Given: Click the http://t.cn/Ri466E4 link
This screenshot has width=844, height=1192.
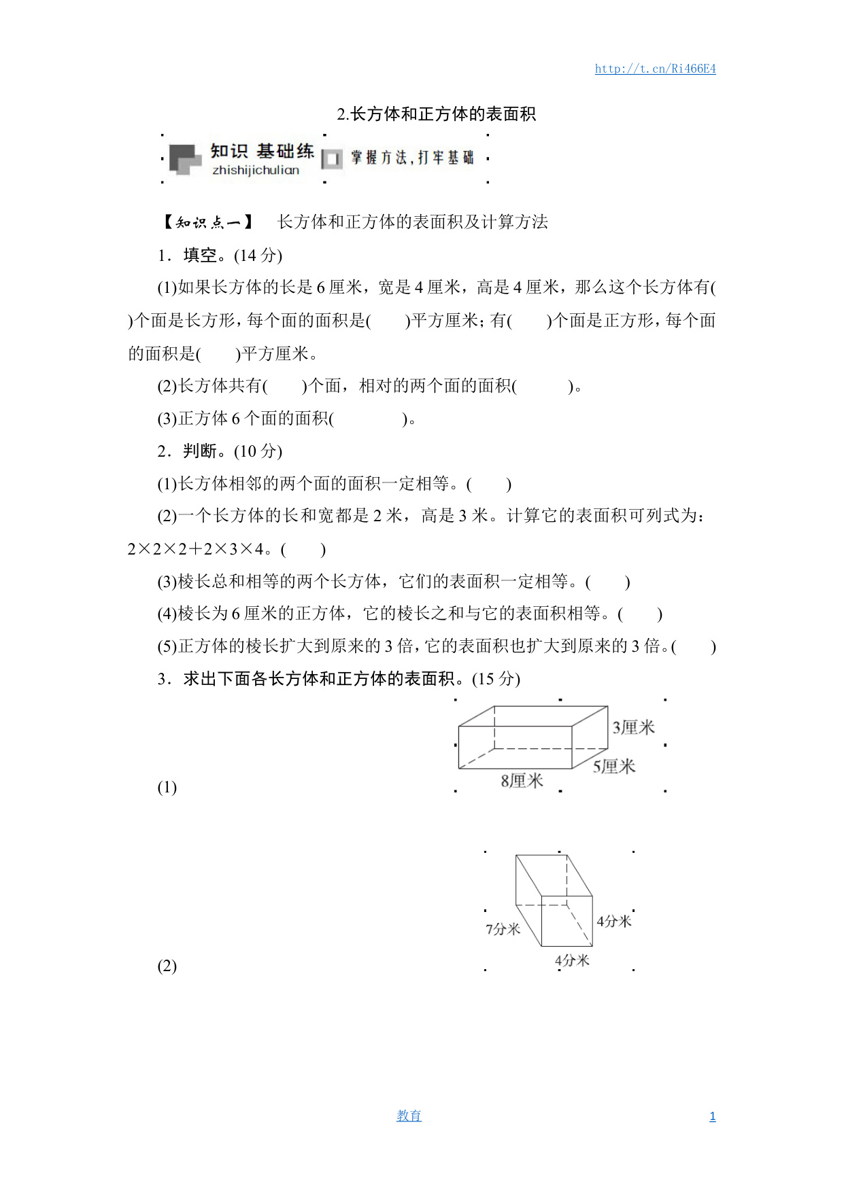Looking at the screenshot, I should click(x=655, y=69).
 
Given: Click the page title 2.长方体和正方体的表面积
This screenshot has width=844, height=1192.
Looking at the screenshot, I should click(x=436, y=114).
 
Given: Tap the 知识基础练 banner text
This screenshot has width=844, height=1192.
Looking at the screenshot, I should click(x=262, y=151).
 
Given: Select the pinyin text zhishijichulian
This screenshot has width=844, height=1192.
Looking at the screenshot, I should click(x=256, y=170).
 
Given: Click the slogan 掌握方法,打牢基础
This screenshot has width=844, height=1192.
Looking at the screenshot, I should click(x=412, y=158).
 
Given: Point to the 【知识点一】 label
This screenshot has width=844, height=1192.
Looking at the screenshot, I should click(x=208, y=222).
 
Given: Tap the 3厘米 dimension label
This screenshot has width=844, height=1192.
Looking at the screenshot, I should click(x=633, y=728).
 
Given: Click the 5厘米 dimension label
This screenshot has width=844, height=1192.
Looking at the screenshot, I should click(x=613, y=767).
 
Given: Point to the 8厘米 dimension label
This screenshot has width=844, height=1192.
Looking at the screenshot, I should click(x=522, y=781).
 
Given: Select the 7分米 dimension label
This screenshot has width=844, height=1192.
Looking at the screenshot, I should click(x=503, y=929).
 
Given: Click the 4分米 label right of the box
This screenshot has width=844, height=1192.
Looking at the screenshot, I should click(x=614, y=922).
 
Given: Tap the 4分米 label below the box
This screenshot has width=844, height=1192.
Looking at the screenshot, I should click(x=572, y=960).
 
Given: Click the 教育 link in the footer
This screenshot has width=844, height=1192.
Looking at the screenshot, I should click(x=409, y=1116).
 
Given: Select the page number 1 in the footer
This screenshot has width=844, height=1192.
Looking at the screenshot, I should click(x=712, y=1117).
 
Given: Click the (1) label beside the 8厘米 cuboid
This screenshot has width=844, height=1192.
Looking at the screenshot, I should click(x=167, y=787).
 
